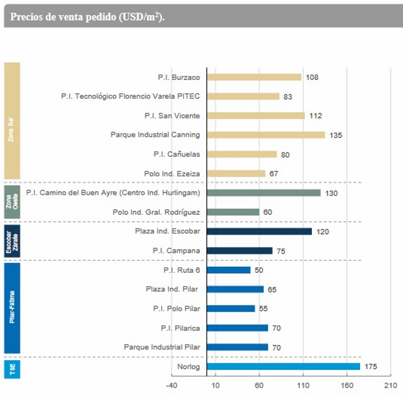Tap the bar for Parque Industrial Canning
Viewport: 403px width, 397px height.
point(266,135)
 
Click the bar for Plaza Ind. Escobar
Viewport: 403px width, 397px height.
point(259,231)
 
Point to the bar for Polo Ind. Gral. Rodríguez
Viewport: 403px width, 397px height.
point(232,212)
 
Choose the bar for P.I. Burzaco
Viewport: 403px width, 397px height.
point(254,77)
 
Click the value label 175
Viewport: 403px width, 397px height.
point(370,367)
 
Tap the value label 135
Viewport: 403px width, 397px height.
point(336,135)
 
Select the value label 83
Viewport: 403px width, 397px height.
point(288,97)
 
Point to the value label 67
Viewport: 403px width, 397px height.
point(274,174)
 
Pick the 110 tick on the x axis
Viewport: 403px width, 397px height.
point(303,385)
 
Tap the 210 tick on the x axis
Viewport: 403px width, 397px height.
point(390,385)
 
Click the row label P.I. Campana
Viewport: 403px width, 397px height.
point(176,251)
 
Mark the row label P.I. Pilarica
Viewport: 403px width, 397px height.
point(180,328)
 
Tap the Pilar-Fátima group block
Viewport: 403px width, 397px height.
point(12,308)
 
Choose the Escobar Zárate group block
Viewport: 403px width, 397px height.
point(12,241)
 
